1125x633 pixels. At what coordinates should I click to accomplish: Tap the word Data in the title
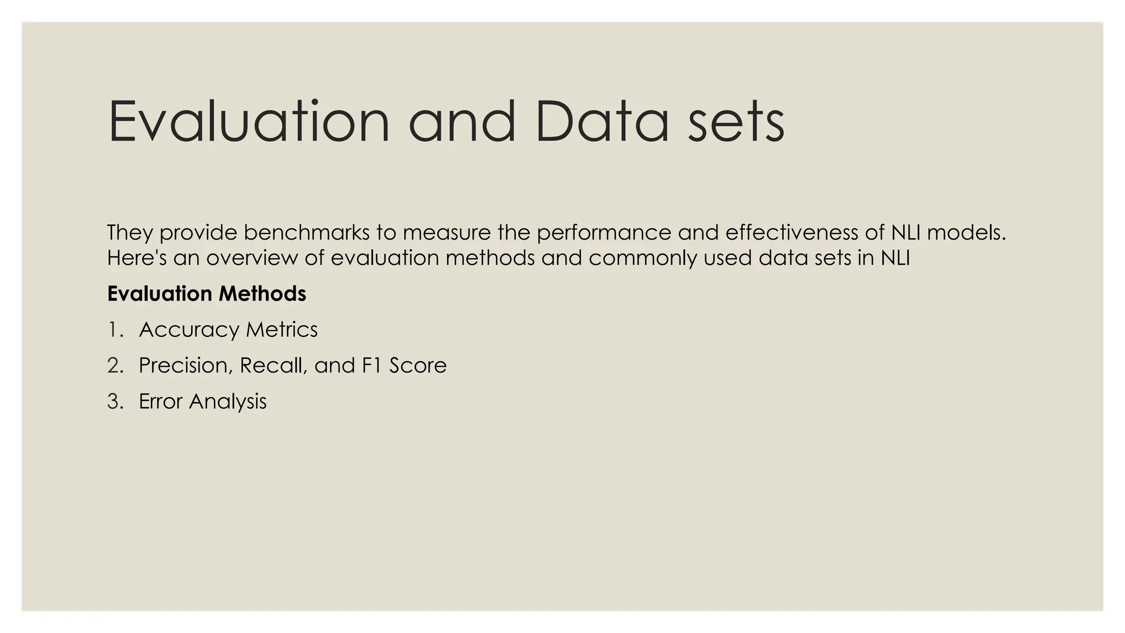(x=602, y=121)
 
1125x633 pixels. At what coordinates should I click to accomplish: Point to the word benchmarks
(x=307, y=232)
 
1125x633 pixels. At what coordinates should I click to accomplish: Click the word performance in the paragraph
(x=604, y=232)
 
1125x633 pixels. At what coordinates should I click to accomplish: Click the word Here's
(x=137, y=258)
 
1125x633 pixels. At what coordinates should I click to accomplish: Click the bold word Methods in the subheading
(x=262, y=294)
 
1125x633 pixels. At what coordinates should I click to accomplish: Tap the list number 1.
(x=114, y=330)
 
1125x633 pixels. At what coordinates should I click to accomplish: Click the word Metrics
(x=281, y=330)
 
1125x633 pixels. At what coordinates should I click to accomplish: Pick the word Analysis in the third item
(x=227, y=401)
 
